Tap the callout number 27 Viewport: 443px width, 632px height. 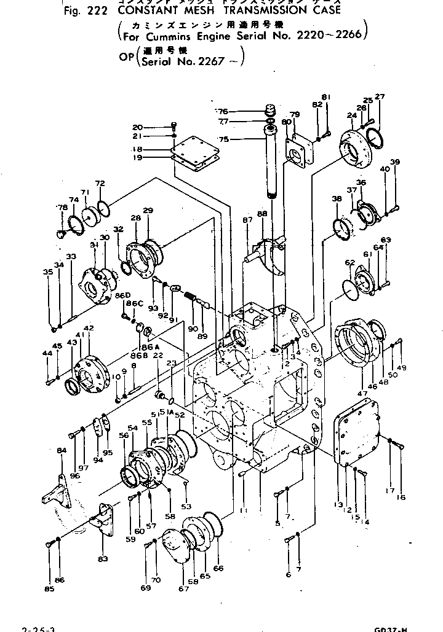(x=380, y=96)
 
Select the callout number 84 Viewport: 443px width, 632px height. (x=61, y=451)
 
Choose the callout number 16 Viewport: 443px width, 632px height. (x=401, y=497)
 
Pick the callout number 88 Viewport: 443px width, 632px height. (x=261, y=213)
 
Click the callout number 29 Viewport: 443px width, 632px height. (x=147, y=211)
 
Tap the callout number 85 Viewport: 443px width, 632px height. (x=49, y=590)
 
